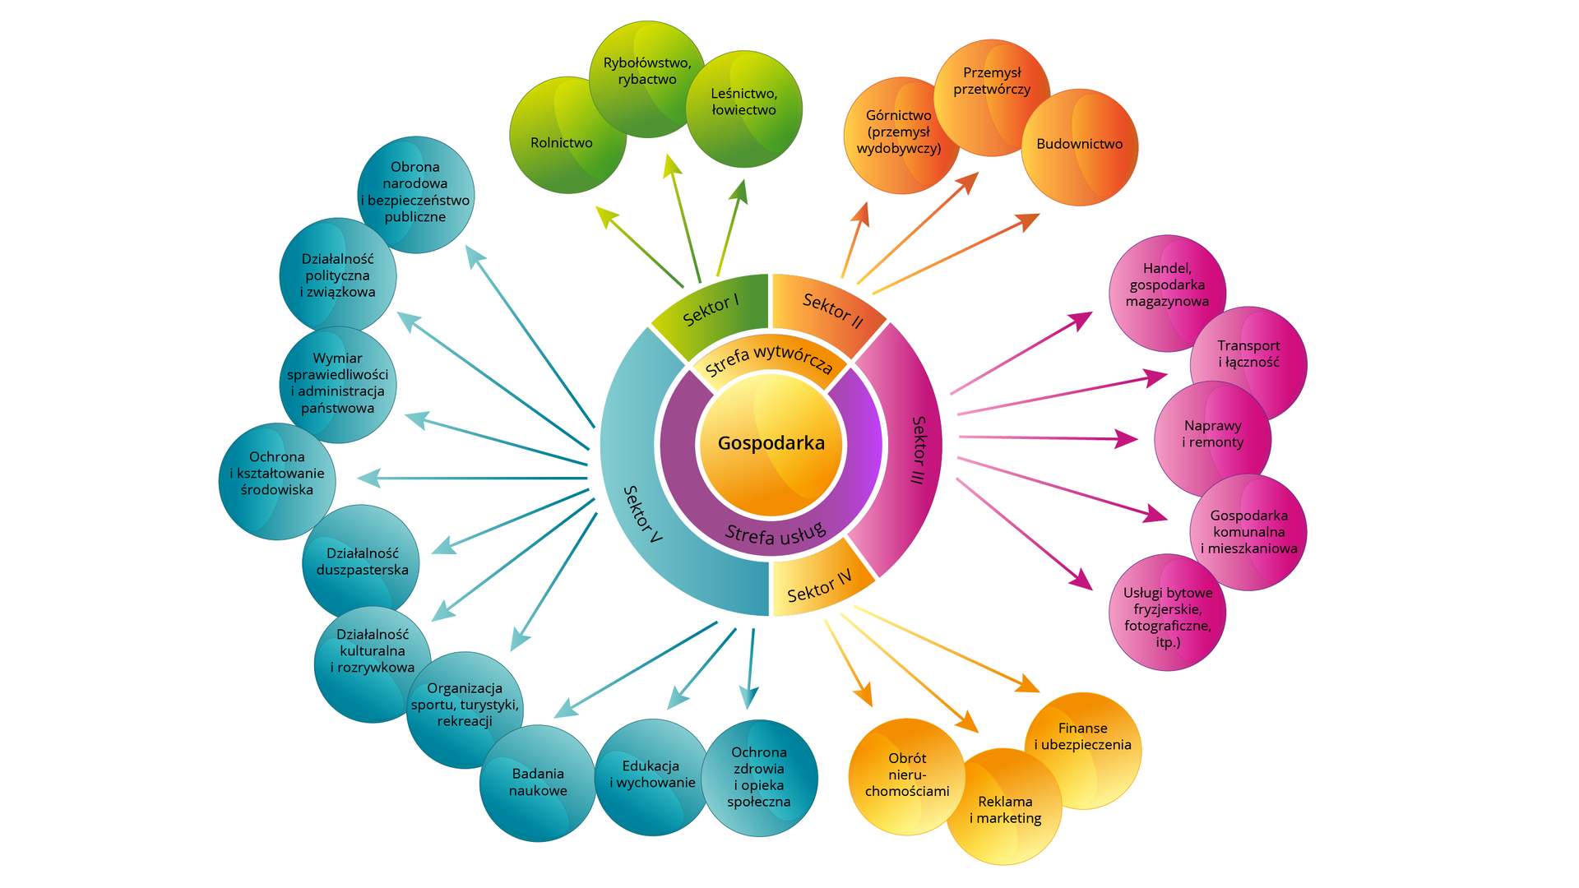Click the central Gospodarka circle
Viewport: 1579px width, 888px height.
click(771, 444)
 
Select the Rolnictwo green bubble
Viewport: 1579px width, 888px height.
click(562, 143)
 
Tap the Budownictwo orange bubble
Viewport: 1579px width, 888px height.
click(1079, 145)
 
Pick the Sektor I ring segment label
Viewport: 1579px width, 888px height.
click(711, 309)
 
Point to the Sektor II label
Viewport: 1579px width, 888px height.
click(832, 310)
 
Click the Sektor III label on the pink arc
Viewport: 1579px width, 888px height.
click(919, 450)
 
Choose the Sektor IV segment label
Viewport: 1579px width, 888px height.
click(819, 585)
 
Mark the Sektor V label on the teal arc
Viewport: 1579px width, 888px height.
click(642, 514)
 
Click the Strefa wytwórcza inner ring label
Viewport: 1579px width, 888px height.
click(769, 359)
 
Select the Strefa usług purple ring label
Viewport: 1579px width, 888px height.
click(775, 534)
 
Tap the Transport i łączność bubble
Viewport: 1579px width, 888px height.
click(1248, 354)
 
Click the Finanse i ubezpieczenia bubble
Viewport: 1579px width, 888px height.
click(1082, 737)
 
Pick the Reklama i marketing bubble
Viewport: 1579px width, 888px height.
click(1005, 810)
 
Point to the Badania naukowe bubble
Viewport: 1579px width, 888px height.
click(538, 783)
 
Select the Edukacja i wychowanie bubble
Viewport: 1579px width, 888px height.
click(652, 775)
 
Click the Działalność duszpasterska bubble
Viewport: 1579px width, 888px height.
click(362, 562)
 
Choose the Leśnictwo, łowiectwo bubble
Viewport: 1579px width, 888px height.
click(743, 102)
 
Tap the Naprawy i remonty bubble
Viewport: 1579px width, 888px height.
click(1212, 434)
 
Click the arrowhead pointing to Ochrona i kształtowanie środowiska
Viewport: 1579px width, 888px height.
click(368, 478)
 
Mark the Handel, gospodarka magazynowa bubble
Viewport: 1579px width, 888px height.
click(1167, 285)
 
